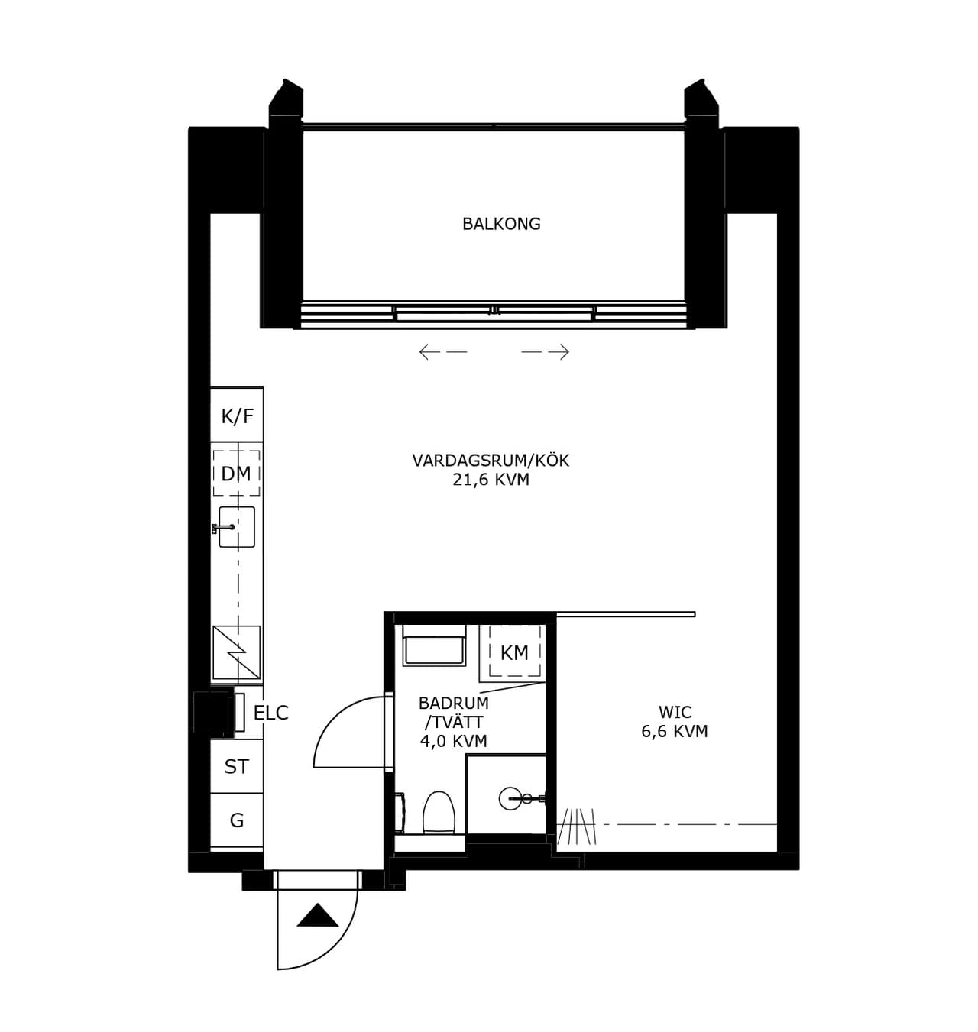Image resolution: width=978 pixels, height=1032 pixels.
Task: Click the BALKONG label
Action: pyautogui.click(x=501, y=224)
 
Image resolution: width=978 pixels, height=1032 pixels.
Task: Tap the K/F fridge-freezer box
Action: pyautogui.click(x=237, y=415)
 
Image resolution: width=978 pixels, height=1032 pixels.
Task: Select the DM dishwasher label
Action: pyautogui.click(x=236, y=474)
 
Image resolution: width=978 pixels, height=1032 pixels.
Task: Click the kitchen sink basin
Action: pyautogui.click(x=236, y=526)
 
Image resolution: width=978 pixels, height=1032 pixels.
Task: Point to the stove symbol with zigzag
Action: pyautogui.click(x=236, y=652)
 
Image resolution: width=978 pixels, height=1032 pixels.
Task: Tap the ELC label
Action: pyautogui.click(x=271, y=713)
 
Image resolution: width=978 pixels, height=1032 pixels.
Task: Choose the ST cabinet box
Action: pyautogui.click(x=237, y=766)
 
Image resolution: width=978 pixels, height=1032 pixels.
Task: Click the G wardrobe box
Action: pyautogui.click(x=237, y=820)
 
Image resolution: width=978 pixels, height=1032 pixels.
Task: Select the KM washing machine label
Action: pyautogui.click(x=514, y=653)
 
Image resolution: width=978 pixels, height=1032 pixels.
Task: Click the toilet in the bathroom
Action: pyautogui.click(x=439, y=813)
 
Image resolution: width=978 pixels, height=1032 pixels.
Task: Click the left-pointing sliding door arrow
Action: pyautogui.click(x=443, y=351)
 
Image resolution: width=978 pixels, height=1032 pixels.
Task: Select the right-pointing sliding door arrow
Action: pyautogui.click(x=546, y=351)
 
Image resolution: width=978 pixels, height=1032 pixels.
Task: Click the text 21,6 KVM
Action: pyautogui.click(x=491, y=479)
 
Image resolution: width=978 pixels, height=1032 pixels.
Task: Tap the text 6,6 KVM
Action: pyautogui.click(x=675, y=731)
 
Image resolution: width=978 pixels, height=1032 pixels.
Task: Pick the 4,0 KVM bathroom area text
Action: pyautogui.click(x=454, y=741)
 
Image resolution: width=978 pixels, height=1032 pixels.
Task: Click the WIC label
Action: pyautogui.click(x=675, y=713)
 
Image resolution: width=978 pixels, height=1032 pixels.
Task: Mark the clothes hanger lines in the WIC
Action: pyautogui.click(x=577, y=826)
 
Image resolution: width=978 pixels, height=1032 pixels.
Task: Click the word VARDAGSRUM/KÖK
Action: pyautogui.click(x=491, y=461)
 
